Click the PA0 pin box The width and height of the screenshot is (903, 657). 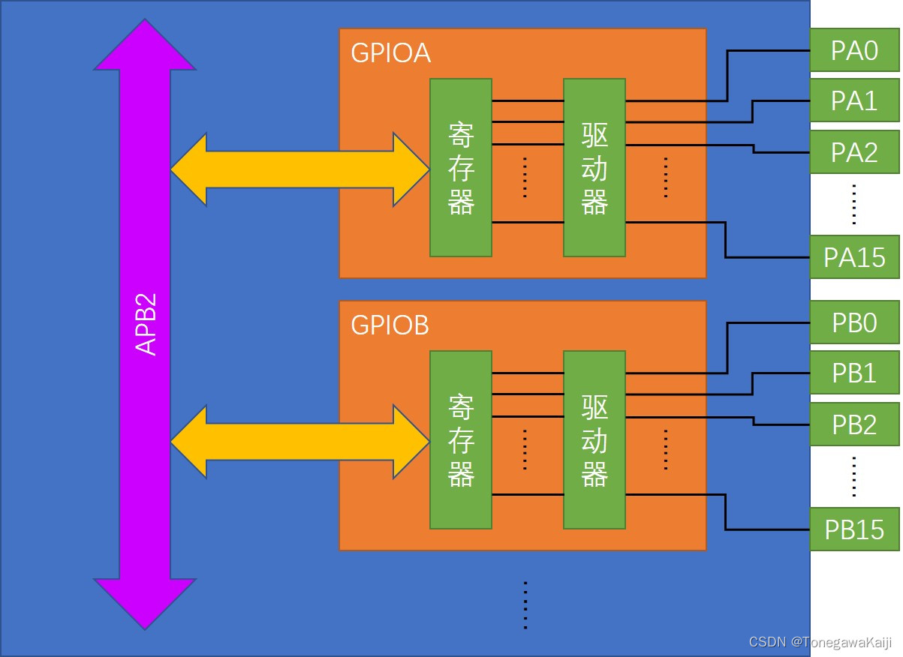(854, 51)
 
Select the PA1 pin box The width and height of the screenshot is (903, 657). (854, 100)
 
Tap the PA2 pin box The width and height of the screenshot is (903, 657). (854, 152)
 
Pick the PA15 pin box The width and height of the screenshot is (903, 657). (854, 257)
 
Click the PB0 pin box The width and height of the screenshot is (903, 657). (854, 322)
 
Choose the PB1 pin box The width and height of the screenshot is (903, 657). (854, 373)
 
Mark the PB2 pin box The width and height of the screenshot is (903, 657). (854, 424)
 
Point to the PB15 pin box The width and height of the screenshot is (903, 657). (854, 529)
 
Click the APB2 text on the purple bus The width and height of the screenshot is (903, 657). (146, 324)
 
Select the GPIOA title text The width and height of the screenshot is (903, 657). (390, 54)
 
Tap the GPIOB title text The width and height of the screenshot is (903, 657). (390, 326)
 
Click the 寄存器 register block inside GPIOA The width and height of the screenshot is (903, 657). (461, 168)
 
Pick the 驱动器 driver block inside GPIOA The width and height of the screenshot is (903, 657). (594, 168)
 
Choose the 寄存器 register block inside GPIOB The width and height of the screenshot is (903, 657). (461, 440)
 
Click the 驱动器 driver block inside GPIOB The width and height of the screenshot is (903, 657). (594, 440)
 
